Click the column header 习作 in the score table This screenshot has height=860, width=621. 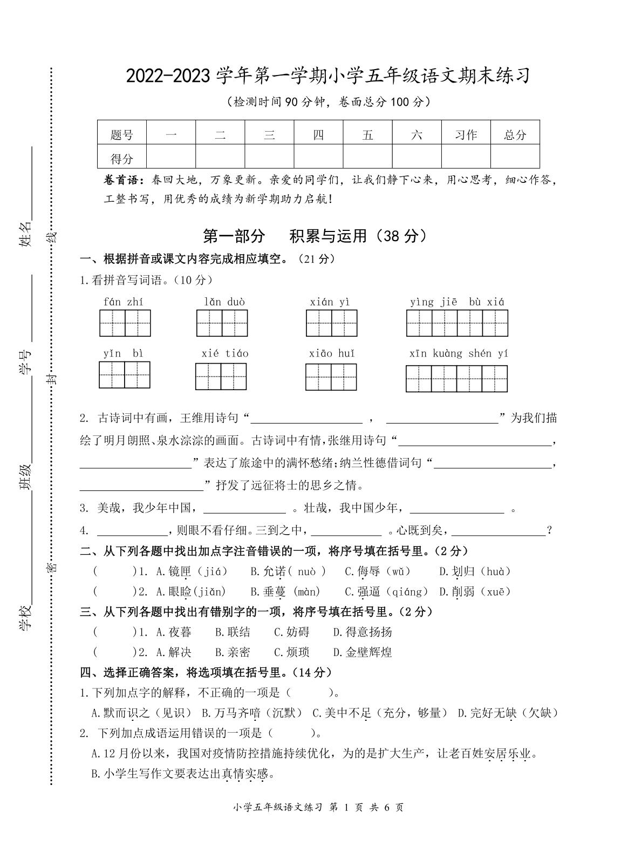466,134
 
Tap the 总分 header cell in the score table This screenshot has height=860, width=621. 515,134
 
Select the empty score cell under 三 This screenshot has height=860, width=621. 269,159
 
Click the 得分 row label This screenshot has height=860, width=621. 121,159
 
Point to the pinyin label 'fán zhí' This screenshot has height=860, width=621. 124,302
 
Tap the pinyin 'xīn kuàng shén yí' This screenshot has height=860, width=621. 459,353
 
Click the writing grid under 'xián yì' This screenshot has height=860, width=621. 331,324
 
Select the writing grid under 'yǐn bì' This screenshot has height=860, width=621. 125,375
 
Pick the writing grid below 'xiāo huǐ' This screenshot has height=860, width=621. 331,377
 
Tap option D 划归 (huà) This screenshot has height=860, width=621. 474,571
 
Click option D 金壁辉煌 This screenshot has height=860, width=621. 362,652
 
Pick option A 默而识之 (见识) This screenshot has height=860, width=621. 141,713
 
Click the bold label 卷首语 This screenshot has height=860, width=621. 124,180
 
